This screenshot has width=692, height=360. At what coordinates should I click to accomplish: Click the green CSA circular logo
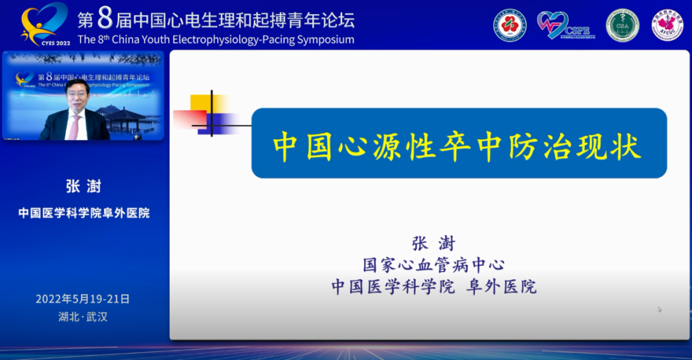[623, 25]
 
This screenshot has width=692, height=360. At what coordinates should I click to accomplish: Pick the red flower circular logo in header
[509, 25]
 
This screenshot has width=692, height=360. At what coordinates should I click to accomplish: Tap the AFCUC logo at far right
[667, 25]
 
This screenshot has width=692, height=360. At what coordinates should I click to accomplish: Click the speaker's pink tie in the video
[75, 127]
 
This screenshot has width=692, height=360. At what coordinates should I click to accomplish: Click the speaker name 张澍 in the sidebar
[83, 186]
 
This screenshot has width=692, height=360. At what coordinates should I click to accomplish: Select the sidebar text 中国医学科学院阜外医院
[83, 213]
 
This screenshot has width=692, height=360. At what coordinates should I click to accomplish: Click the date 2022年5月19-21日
[83, 299]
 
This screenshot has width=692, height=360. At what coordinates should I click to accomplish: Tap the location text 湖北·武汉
[83, 317]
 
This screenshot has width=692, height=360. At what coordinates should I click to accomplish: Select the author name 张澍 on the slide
[433, 244]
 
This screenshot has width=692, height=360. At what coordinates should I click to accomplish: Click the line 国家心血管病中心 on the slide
[433, 265]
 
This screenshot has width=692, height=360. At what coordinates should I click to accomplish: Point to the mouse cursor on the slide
[659, 309]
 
